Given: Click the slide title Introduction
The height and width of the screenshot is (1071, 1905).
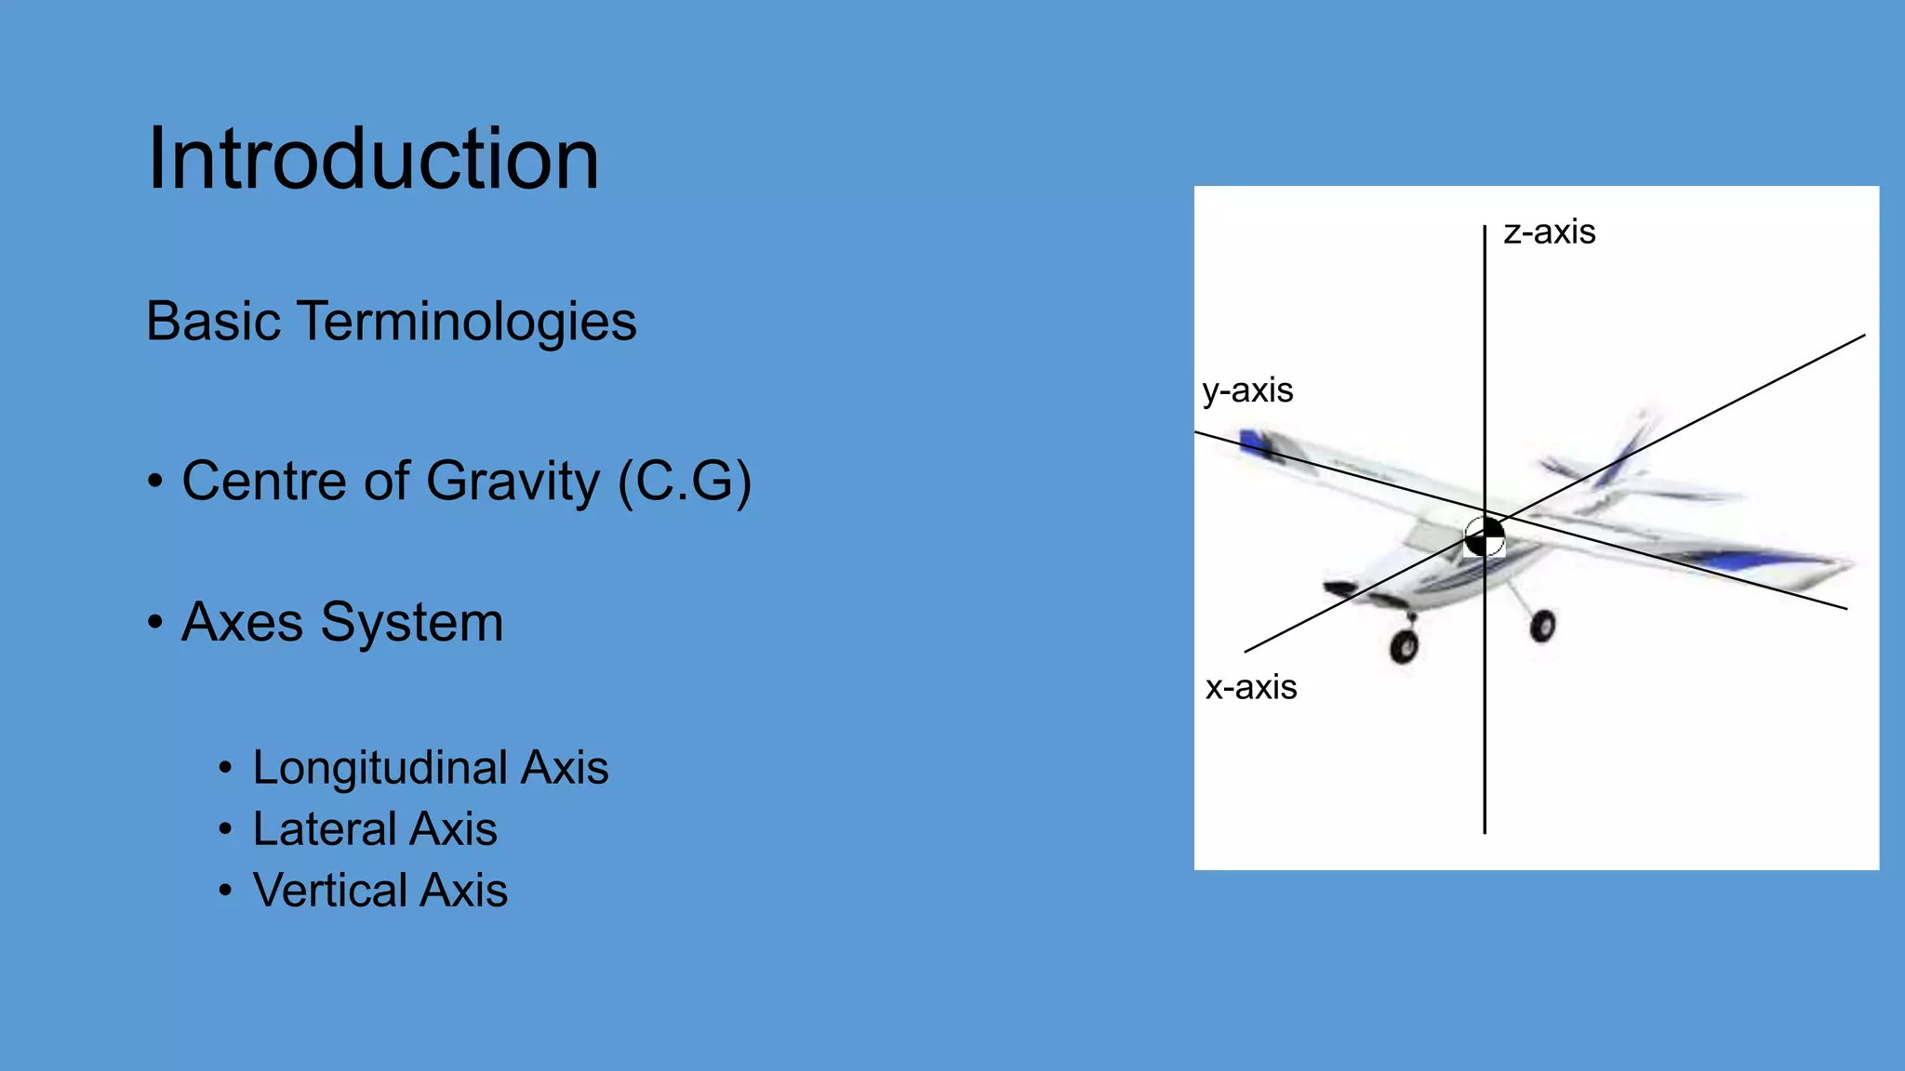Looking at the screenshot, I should (373, 159).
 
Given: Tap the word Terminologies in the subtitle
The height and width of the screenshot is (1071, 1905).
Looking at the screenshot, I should (467, 322).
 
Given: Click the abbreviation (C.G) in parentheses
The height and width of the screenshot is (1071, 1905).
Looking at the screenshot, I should (685, 481).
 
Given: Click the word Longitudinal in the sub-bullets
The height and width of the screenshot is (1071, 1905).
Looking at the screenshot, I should (380, 768).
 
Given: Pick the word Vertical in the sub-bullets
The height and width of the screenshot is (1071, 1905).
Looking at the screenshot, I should (329, 891).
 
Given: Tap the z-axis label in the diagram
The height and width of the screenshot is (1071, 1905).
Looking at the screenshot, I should (1549, 231).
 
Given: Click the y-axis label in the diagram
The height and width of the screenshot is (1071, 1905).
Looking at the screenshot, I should (1246, 390).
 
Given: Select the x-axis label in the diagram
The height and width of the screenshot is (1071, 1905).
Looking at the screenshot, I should (1250, 688).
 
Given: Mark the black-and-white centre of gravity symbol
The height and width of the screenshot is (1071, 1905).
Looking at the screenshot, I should (1485, 536).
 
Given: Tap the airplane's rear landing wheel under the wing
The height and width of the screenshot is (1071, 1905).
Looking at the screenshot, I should (1541, 626).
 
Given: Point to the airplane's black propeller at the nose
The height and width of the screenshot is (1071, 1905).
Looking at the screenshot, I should (1340, 588).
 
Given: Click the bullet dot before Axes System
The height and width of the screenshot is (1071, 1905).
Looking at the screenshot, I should (154, 622).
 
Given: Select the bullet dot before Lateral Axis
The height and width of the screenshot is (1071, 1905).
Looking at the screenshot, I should (225, 829).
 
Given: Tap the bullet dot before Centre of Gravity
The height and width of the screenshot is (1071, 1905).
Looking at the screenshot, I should (154, 481).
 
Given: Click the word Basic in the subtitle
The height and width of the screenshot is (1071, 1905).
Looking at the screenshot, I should (213, 322).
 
